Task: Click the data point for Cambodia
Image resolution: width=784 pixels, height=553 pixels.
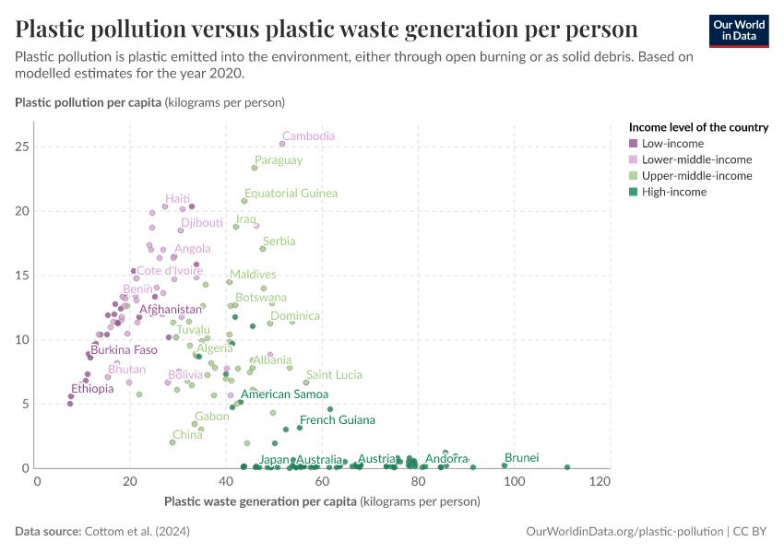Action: (282, 144)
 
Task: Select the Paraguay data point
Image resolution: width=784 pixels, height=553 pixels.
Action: (255, 168)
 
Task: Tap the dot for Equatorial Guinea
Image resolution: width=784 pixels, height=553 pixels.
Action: (244, 201)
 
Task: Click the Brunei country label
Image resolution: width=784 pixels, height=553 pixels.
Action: (521, 457)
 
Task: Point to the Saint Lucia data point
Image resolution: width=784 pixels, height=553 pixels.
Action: (306, 382)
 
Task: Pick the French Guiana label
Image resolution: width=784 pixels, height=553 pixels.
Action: (338, 420)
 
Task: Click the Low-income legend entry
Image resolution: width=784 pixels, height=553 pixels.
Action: (667, 144)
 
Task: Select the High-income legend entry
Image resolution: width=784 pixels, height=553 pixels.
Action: (668, 192)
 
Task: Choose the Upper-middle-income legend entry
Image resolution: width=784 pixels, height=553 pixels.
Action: (691, 176)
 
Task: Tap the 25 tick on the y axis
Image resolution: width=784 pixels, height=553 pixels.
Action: (22, 147)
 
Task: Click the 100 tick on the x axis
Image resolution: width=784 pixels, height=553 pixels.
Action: (514, 481)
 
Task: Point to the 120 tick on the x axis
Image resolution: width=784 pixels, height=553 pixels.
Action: (600, 481)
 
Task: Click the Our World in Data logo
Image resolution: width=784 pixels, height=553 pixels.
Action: (739, 31)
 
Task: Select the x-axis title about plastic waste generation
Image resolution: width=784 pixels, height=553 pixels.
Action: (322, 501)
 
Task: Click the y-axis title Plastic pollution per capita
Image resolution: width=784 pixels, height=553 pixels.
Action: (150, 102)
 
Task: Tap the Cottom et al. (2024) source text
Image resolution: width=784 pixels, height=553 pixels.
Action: (137, 531)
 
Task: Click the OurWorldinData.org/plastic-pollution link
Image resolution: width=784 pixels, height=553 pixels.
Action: (624, 531)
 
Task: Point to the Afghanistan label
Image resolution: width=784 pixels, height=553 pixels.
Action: (171, 310)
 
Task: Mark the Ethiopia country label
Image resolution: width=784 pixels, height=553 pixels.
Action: (92, 389)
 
